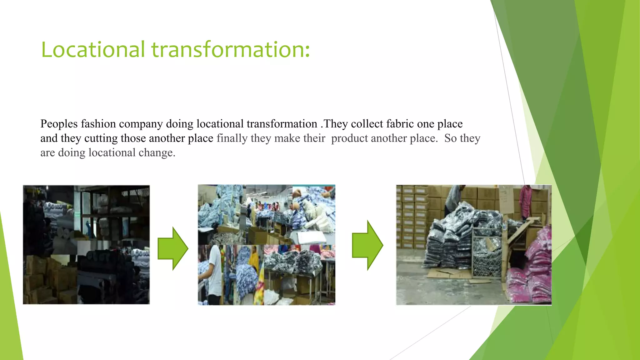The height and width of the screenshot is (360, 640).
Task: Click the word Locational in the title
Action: pos(93,50)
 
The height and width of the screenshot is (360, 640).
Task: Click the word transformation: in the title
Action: pos(231,50)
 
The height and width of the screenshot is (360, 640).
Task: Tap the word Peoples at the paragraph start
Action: pos(59,124)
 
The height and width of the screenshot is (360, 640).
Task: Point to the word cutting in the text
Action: pos(101,138)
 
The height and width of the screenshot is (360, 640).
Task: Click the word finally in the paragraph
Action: pos(232,138)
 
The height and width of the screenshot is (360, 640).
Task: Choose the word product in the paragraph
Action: pos(349,138)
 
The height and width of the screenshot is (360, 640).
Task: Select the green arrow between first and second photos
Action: pos(173,248)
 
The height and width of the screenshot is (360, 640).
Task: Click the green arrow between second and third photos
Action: pos(367,245)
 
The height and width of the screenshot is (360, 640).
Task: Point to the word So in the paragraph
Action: pos(450,138)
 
